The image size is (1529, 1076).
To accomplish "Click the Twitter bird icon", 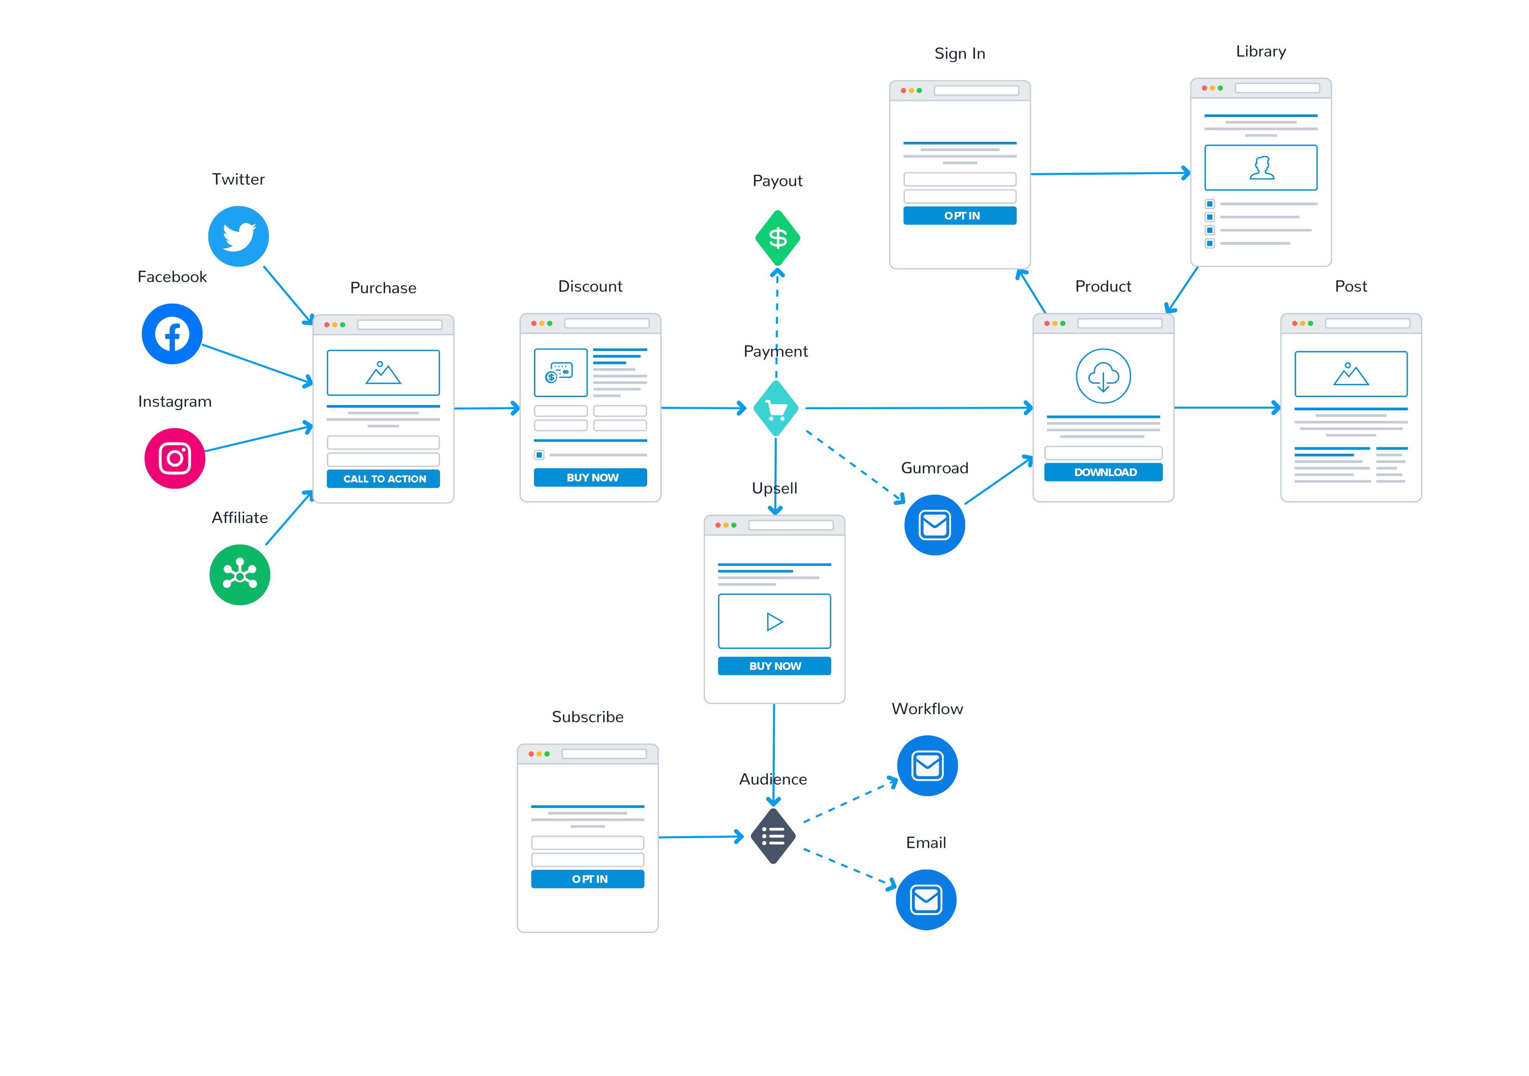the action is click(x=239, y=237).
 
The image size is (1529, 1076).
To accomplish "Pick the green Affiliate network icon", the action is click(x=240, y=575).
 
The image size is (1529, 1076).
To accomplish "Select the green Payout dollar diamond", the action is click(x=778, y=238).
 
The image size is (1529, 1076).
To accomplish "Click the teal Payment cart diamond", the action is click(x=776, y=408).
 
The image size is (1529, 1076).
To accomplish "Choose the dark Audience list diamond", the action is click(x=773, y=836).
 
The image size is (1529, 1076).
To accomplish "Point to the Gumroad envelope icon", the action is click(x=935, y=525).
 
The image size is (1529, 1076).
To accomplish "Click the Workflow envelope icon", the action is click(x=928, y=766).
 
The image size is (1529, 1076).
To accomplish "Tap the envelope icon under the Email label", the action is click(x=926, y=900).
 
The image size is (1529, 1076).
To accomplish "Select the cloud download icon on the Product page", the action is click(x=1104, y=376).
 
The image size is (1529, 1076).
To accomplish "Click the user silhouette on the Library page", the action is click(x=1262, y=168).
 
